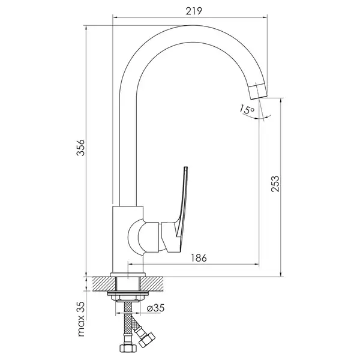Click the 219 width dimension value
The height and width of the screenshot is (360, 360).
point(194,11)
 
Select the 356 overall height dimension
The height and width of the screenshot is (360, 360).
point(80,148)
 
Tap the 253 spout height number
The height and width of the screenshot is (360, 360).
point(275,184)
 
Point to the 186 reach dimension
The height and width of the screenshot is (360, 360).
point(199,258)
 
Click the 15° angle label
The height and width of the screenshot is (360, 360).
point(247,109)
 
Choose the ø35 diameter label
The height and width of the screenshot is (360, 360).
point(156,308)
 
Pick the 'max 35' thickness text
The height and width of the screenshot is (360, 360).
point(81,319)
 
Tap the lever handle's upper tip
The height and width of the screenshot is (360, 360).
point(186,168)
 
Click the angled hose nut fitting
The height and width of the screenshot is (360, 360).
point(147,340)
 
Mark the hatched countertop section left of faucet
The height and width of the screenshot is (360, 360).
point(104,284)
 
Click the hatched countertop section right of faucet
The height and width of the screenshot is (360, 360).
point(152,284)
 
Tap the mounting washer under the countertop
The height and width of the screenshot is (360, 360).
point(128,293)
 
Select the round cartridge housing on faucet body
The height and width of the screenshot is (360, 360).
point(136,237)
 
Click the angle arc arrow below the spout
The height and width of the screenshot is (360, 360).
point(257,118)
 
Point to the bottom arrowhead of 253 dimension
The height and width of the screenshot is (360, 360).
point(281,274)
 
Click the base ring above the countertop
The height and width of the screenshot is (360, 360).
point(128,275)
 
